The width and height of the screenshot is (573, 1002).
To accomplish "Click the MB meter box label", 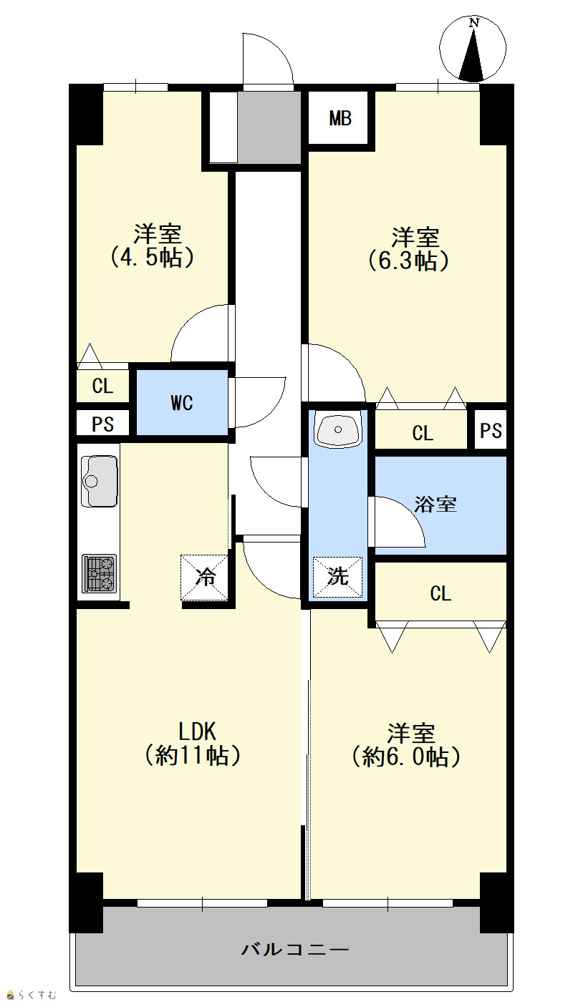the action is pos(340,119).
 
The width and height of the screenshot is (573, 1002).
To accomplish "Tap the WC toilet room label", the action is pos(182,403).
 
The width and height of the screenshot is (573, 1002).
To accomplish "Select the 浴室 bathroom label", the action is pos(435,504).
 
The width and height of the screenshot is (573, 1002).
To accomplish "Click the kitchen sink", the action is pos(100,481).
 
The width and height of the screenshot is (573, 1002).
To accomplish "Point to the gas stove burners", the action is pos(100,573).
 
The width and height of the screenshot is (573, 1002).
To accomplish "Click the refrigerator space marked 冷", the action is pos(205,577).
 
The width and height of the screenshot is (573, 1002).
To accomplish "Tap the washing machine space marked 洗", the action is pos(337,577).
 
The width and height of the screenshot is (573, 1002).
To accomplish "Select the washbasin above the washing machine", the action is pos(338,429).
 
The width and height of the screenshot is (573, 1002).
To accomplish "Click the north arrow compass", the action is pos(473,49).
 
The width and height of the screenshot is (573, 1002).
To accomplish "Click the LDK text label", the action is pos(198,731).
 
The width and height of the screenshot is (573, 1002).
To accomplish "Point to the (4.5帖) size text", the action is pos(152,258).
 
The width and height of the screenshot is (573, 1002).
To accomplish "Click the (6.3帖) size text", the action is pos(408,261).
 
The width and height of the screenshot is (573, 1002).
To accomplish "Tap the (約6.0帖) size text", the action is pos(407,757).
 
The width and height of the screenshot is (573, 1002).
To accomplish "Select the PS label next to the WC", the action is pos(102,424).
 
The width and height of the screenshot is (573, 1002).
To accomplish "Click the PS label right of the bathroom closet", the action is pos(491,431).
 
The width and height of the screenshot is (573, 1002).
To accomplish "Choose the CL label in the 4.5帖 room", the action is pos(102,386).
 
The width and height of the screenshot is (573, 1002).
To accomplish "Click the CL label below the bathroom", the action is pos(440,593).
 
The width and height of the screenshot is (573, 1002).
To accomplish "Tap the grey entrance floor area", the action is pos(269,127).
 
